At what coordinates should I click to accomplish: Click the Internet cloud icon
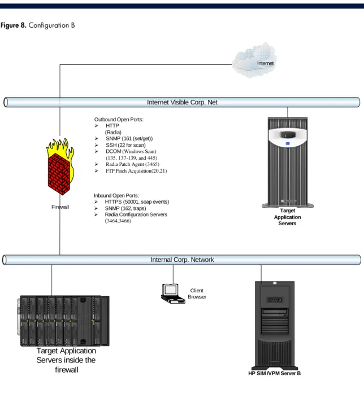tap(255, 60)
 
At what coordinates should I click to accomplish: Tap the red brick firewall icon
tap(60, 166)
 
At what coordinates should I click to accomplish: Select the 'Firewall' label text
tap(60, 207)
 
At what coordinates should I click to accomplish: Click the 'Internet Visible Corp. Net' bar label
tap(182, 102)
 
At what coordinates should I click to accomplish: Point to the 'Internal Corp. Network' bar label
tap(182, 260)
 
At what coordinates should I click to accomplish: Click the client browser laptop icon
tap(173, 293)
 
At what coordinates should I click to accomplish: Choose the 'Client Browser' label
tap(197, 293)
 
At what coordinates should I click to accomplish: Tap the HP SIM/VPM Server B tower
tap(275, 326)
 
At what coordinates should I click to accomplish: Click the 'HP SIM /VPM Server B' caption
tap(275, 373)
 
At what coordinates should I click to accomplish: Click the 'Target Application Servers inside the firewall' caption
tap(66, 360)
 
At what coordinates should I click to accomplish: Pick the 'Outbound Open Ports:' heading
tap(119, 120)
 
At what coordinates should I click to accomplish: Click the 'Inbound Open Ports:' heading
tap(116, 196)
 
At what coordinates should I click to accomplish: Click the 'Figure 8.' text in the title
tap(14, 25)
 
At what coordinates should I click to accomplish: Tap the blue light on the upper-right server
tap(288, 143)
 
